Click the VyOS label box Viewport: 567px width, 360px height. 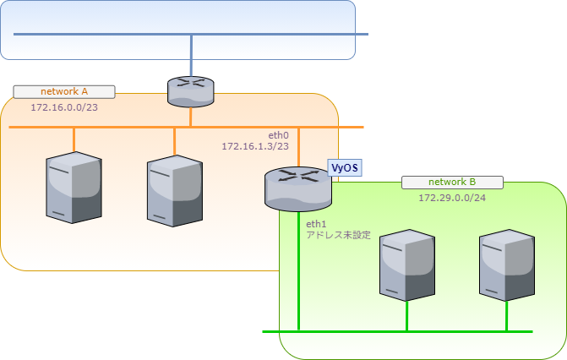(345, 167)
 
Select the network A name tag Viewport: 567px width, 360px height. (64, 91)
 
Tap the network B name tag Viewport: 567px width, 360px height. (452, 182)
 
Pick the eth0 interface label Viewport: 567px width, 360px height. (279, 135)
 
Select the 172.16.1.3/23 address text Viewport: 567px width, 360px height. (255, 146)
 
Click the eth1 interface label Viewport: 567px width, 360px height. (316, 224)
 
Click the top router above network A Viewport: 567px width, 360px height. (191, 90)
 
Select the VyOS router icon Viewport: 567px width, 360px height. (297, 188)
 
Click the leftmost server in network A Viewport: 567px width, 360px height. (74, 188)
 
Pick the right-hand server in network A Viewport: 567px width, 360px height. (174, 191)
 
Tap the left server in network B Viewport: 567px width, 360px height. (407, 265)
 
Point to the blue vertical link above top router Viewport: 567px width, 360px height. (192, 55)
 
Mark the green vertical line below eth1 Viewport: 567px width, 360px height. (299, 279)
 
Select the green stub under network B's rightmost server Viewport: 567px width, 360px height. (506, 316)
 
